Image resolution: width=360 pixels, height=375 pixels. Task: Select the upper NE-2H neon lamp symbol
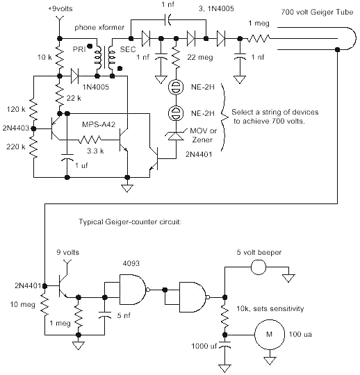[x=176, y=87]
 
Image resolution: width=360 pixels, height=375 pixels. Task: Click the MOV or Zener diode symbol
[x=176, y=135]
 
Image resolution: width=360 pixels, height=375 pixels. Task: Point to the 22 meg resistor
[x=176, y=58]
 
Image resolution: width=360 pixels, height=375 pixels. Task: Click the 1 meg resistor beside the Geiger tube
[x=259, y=38]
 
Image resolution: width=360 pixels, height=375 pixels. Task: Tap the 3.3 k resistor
[x=90, y=140]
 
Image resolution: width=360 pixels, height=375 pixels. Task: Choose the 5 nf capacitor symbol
[x=105, y=315]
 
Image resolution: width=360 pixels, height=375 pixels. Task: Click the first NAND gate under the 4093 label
[x=134, y=290]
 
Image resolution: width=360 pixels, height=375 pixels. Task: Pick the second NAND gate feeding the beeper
[x=194, y=297]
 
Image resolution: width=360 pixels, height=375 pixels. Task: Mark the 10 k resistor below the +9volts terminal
[x=60, y=58]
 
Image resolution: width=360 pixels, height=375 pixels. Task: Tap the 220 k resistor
[x=34, y=147]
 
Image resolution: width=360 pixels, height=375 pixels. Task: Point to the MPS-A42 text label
[x=99, y=124]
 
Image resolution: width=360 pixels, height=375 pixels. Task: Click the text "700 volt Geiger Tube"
[x=317, y=12]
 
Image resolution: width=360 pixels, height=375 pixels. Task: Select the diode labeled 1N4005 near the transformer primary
[x=75, y=76]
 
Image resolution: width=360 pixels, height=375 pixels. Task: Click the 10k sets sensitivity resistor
[x=224, y=316]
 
